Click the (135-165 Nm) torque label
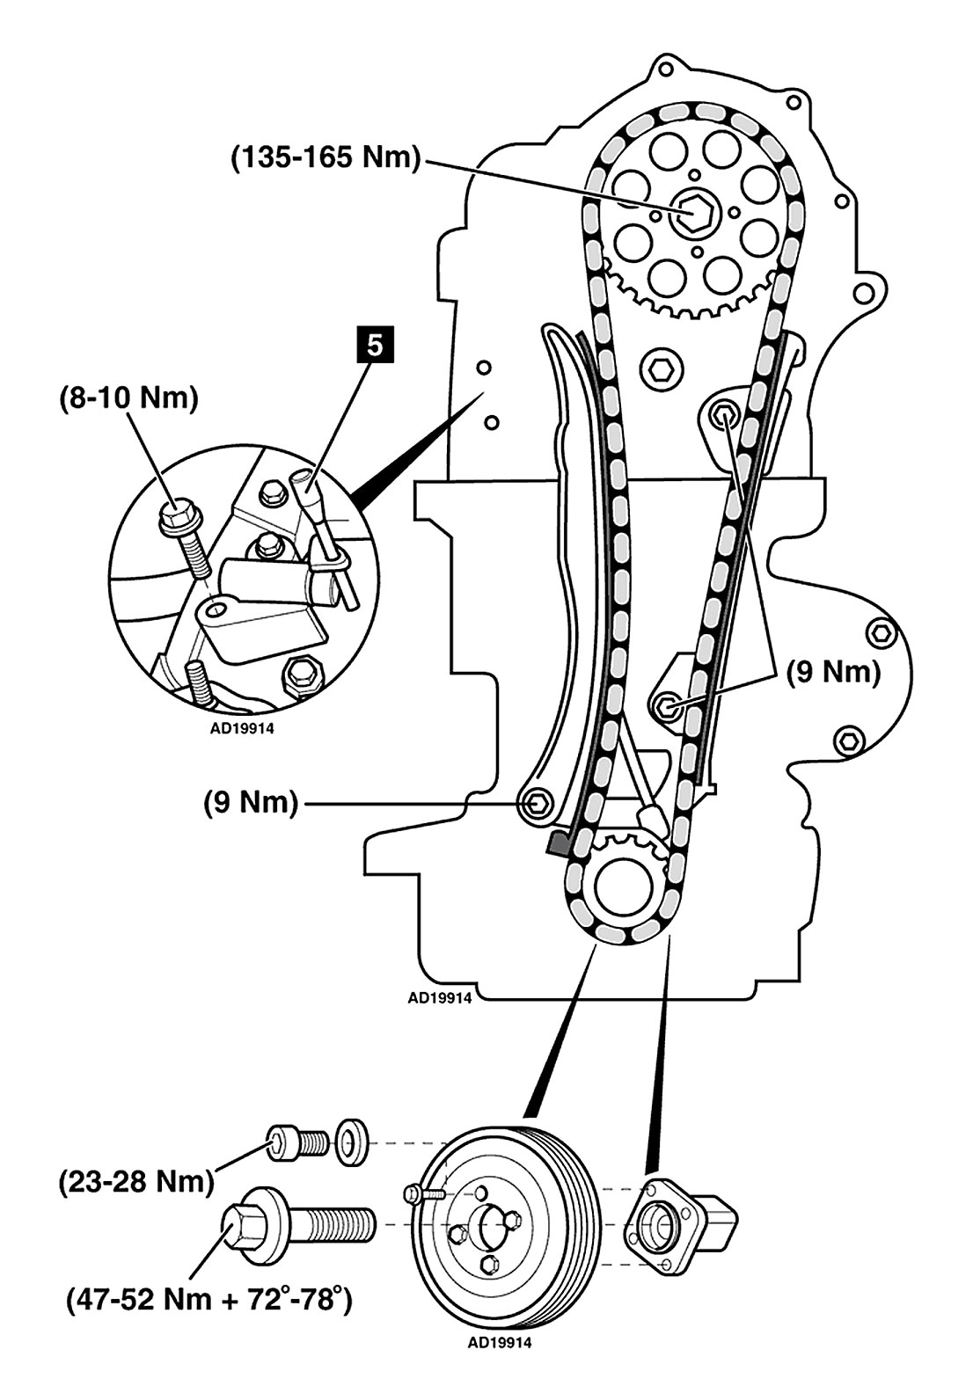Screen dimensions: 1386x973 click(x=326, y=158)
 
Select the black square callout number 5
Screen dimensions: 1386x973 click(x=375, y=345)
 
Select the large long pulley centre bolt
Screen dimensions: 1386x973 click(x=295, y=1223)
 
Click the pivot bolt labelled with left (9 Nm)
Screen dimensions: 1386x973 click(x=536, y=801)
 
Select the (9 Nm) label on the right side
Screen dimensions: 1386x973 click(x=832, y=673)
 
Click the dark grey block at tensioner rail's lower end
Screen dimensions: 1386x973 click(x=559, y=845)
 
